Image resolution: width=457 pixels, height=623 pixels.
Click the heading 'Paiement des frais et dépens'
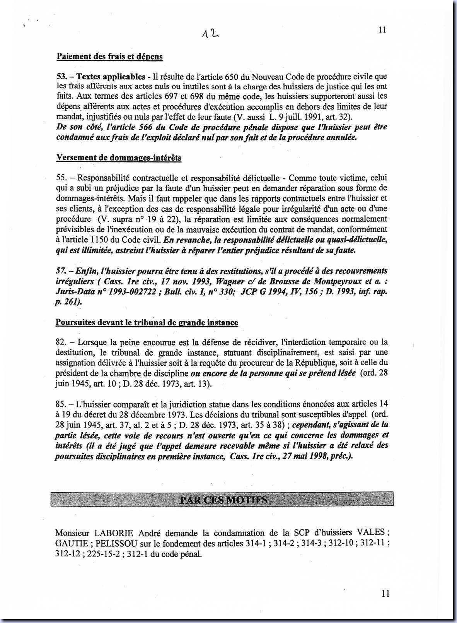109,56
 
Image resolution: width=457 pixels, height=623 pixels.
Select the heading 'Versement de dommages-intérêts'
119,157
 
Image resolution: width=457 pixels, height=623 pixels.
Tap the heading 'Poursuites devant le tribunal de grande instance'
147,322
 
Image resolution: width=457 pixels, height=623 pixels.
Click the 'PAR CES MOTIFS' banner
223,500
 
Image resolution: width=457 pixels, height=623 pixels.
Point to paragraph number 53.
61,77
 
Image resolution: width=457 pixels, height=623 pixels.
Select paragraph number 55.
61,178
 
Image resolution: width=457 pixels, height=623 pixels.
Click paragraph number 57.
61,270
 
